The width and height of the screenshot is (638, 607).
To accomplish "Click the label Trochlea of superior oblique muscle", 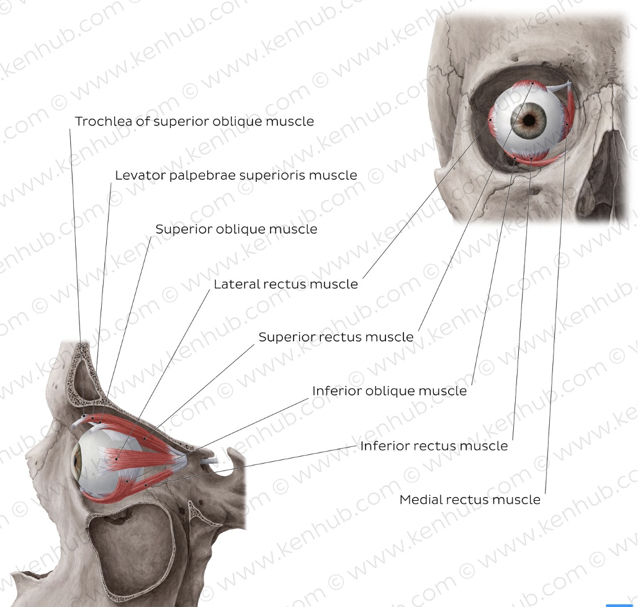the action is (194, 121).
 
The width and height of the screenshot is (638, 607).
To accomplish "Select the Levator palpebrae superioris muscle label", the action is (236, 176).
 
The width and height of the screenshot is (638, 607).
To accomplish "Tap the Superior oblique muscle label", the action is (236, 229).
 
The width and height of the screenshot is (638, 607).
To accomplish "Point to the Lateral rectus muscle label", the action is (285, 284).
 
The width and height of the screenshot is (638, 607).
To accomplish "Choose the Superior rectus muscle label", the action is (336, 337).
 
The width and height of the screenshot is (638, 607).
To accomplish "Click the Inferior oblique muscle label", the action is (389, 391).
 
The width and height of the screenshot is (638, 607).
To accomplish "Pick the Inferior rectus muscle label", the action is (434, 446).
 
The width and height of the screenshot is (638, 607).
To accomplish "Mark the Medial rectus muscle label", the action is (470, 500).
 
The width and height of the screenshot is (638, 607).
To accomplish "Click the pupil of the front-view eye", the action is (529, 118).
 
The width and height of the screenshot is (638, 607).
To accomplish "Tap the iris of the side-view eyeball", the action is (78, 460).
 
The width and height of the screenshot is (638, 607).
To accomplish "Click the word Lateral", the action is (236, 284).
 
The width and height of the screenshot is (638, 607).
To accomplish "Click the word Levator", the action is (138, 176).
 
